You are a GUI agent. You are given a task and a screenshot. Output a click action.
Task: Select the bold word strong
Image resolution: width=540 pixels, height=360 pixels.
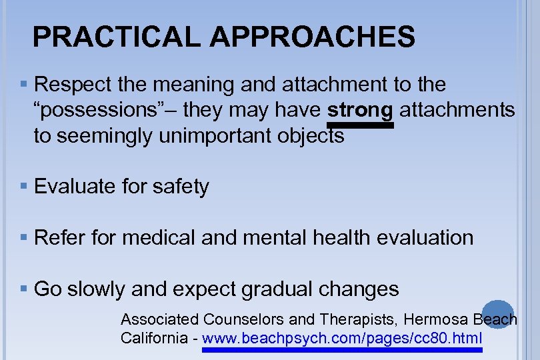pos(360,110)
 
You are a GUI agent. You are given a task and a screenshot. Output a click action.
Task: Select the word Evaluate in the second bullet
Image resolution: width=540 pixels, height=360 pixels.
pos(75,187)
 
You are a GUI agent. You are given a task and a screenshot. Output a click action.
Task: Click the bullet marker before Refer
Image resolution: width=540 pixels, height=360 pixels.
pos(24,237)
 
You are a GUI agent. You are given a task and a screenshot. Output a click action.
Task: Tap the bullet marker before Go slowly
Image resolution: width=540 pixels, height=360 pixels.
pos(24,289)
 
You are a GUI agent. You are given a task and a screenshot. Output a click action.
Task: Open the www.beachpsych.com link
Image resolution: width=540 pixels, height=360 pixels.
pos(341,339)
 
